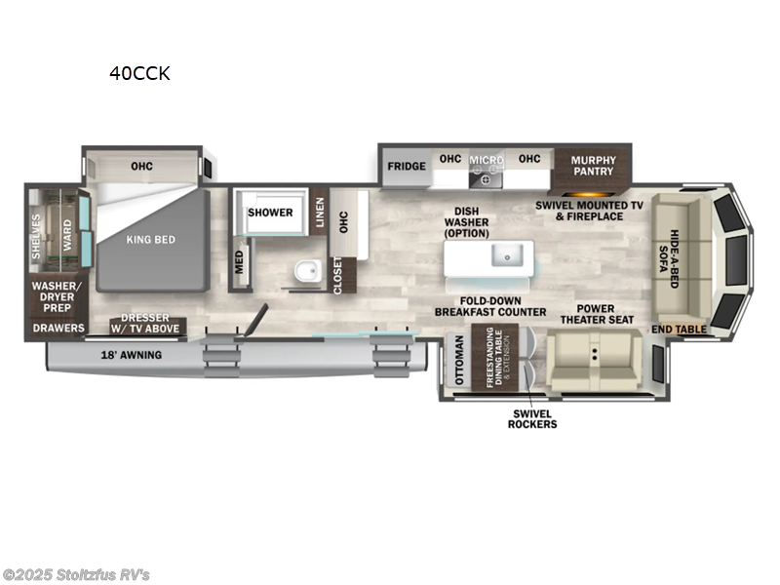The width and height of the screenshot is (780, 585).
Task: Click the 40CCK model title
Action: tap(139, 73)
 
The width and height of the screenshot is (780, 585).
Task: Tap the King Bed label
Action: tap(150, 239)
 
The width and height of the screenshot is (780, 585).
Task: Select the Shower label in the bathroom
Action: tap(270, 213)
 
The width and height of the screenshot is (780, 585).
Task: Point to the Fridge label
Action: tap(406, 166)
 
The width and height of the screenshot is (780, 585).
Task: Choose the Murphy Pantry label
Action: tap(593, 166)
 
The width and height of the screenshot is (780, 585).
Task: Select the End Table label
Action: tap(680, 330)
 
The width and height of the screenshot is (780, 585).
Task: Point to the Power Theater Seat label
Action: tap(597, 313)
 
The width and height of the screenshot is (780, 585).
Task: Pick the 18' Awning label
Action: tap(130, 355)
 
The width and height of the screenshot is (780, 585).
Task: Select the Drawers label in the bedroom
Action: tap(57, 329)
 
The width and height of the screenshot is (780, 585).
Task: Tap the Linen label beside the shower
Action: tap(321, 214)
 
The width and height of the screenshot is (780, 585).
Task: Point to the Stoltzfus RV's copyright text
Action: tap(76, 575)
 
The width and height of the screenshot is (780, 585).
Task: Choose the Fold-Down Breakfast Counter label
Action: tap(490, 305)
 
